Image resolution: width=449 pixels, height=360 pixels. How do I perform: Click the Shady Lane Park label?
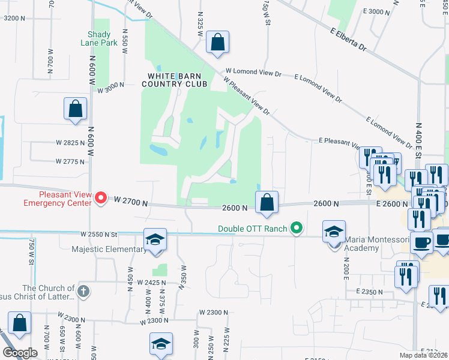(x=98, y=39)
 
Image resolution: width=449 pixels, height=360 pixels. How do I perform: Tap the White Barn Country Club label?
(x=175, y=80)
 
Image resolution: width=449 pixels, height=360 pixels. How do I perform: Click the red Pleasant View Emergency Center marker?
(x=102, y=197)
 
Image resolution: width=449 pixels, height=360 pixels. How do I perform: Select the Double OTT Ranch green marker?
(x=295, y=228)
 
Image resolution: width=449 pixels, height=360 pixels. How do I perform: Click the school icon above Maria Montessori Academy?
(x=334, y=232)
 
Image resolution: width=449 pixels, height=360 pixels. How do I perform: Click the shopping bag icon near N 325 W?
(x=217, y=43)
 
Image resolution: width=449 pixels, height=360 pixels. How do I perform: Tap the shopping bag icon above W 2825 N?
(x=76, y=109)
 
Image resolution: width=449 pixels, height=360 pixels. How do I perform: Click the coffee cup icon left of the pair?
(x=421, y=243)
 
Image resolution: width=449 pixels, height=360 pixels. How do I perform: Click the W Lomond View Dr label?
(x=253, y=71)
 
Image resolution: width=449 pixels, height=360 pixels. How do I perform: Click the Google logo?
(x=20, y=353)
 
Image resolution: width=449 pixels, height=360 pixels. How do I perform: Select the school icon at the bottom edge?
(x=161, y=344)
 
